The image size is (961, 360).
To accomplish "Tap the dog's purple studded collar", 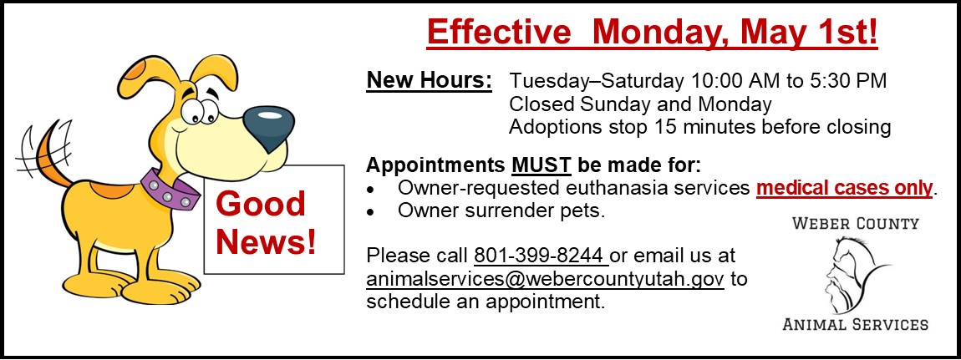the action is tap(170, 189).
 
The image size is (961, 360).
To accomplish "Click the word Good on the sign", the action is tap(261, 203).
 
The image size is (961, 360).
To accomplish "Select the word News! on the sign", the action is tap(267, 241).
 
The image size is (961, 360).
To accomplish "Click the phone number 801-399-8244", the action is tap(541, 255).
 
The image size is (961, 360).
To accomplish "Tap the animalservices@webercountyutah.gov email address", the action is tap(546, 279).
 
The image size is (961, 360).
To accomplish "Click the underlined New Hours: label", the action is tap(429, 81).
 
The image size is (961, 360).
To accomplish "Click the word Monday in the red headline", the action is tap(658, 33).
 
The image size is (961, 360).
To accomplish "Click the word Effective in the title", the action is tap(498, 33).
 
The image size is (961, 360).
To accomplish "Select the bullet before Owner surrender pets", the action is tap(369, 212).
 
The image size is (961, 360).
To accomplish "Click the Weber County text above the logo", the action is tap(856, 223).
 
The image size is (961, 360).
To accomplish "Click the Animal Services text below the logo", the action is tap(856, 324).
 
